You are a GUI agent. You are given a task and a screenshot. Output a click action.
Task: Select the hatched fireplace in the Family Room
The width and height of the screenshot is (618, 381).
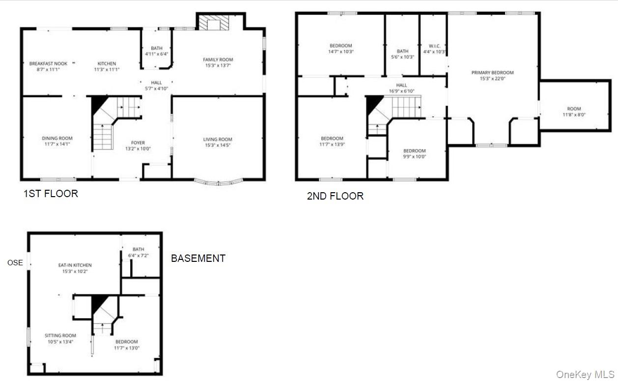214,23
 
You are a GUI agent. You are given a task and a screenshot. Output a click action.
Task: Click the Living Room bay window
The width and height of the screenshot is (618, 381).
219,182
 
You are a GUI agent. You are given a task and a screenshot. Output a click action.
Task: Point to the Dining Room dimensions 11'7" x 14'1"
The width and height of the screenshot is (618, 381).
57,144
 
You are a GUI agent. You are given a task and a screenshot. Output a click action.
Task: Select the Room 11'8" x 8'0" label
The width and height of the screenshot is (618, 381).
574,112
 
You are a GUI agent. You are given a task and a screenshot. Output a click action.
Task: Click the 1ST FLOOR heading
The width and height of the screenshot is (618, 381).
51,194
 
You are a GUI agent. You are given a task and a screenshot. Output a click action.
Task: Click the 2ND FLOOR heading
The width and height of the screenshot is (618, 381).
335,196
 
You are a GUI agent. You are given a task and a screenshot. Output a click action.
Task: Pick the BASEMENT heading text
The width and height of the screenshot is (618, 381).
198,258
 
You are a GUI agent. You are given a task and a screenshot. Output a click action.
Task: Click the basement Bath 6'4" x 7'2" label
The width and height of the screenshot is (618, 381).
138,253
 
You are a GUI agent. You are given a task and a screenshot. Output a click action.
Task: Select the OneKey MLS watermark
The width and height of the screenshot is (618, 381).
585,375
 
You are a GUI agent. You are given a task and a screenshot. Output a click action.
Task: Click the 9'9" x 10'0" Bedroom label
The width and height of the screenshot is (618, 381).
415,154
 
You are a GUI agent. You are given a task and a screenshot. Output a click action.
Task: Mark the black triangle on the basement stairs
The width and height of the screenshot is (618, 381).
98,304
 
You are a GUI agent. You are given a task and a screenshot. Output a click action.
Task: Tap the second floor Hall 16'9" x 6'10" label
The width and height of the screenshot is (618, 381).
401,88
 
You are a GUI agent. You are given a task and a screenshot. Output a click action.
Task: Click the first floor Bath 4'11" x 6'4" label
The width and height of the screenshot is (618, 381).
156,51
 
